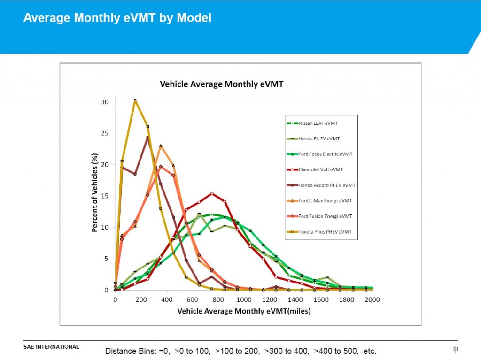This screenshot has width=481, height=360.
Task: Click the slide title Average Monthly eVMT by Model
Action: tap(117, 18)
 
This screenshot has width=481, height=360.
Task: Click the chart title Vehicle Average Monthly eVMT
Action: tap(222, 84)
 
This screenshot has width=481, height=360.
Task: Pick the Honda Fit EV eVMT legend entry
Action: tap(319, 139)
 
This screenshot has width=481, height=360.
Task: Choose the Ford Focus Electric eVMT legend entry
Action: tap(325, 154)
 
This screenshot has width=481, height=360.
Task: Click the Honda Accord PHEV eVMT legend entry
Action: tap(326, 185)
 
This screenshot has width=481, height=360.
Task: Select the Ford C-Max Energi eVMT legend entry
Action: tap(325, 201)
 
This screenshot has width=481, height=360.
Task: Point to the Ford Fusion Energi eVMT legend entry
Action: tap(325, 216)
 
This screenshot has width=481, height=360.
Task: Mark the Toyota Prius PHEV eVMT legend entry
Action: tap(325, 232)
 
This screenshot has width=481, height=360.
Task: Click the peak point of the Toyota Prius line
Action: tap(135, 100)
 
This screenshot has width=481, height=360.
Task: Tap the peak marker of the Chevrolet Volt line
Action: tap(212, 193)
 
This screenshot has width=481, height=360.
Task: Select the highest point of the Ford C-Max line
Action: tap(161, 146)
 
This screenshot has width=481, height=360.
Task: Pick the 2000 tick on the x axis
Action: tap(372, 299)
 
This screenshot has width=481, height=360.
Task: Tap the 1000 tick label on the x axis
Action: tap(243, 299)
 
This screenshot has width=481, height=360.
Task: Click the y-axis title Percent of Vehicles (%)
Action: tap(94, 192)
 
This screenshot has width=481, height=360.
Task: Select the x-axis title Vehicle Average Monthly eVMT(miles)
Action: tap(244, 311)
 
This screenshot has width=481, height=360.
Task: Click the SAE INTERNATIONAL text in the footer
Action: tap(51, 347)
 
